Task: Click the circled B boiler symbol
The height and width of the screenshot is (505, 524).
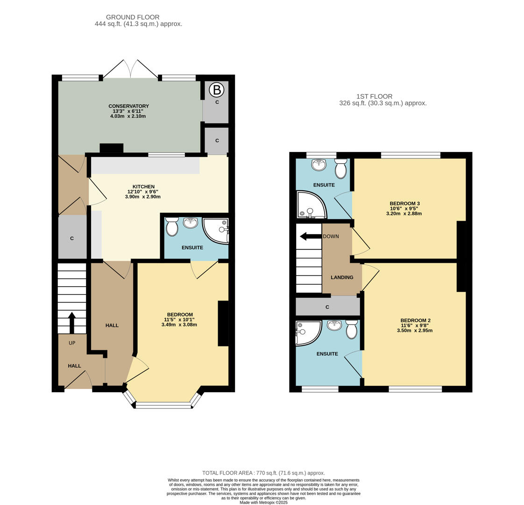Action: [x=216, y=90]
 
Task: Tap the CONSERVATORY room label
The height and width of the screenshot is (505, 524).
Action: [x=128, y=106]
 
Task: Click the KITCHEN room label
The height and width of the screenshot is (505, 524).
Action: [x=143, y=187]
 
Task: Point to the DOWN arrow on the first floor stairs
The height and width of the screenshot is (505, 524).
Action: [x=310, y=236]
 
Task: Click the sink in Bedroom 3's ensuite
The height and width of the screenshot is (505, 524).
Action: [x=319, y=164]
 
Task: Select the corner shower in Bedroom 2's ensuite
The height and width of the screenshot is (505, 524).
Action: [x=307, y=332]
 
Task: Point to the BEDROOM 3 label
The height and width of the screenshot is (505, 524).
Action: [x=404, y=203]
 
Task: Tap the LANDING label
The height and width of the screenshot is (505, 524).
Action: [x=342, y=277]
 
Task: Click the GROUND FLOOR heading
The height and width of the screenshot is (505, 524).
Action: [x=133, y=17]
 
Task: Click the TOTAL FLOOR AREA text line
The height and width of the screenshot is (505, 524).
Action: [x=263, y=473]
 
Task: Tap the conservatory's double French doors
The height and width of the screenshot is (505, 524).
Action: [x=130, y=70]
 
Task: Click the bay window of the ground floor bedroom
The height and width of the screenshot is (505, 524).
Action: [x=163, y=404]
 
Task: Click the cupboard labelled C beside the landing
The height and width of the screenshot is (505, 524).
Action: [x=327, y=307]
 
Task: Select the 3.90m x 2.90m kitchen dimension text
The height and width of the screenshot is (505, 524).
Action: [x=142, y=197]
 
